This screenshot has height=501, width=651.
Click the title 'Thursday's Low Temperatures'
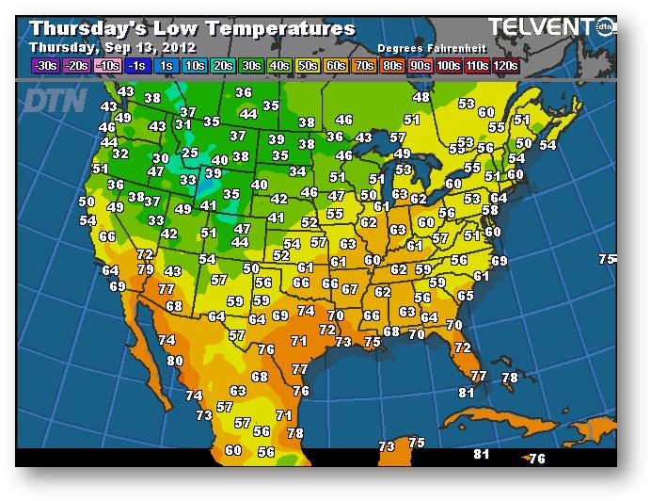coord(192,28)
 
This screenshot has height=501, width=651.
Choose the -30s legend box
coord(43,66)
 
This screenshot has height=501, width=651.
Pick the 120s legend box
coord(506,66)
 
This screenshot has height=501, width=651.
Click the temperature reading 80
coord(175,361)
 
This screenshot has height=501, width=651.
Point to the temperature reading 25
coord(190,153)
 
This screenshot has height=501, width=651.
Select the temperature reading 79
coord(146,269)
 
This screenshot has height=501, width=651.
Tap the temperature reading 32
coord(120,154)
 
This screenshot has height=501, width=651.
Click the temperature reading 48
coord(421,97)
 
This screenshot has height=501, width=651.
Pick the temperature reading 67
coord(350,290)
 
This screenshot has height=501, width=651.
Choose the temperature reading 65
coord(465,296)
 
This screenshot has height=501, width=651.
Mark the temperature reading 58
coord(489,210)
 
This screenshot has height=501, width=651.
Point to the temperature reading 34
coord(297,171)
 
